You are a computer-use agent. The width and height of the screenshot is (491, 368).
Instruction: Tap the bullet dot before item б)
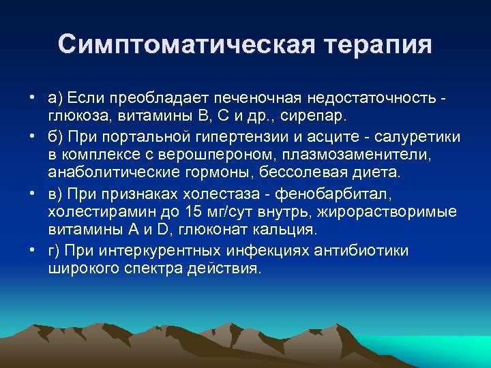point(33,137)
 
